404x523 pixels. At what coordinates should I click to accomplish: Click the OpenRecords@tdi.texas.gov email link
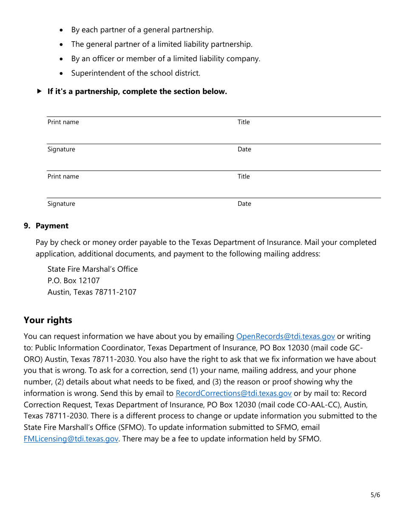(x=285, y=336)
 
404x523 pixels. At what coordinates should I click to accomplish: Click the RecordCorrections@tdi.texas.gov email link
(x=233, y=393)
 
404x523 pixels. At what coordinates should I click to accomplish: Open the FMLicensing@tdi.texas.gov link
(x=71, y=439)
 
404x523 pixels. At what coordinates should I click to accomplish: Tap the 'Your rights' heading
(x=48, y=320)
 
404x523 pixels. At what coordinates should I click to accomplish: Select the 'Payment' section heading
(x=52, y=226)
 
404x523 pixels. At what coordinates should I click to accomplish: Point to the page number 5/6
(x=375, y=495)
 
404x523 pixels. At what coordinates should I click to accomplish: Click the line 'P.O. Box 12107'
(x=74, y=281)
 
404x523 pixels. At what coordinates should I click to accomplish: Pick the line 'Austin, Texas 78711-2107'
(x=92, y=292)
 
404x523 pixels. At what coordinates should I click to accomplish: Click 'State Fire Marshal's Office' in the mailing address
(x=93, y=269)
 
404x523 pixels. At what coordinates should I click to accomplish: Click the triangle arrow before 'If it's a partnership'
(x=40, y=91)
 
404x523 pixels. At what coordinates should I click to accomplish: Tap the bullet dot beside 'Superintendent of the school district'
(x=62, y=74)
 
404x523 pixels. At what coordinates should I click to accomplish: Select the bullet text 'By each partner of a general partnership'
(x=142, y=30)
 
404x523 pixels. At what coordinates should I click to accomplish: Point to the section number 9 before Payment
(x=27, y=226)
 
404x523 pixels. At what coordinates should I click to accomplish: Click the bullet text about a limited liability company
(x=165, y=59)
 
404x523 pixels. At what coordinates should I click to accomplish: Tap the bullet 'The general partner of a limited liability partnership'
(x=162, y=44)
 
